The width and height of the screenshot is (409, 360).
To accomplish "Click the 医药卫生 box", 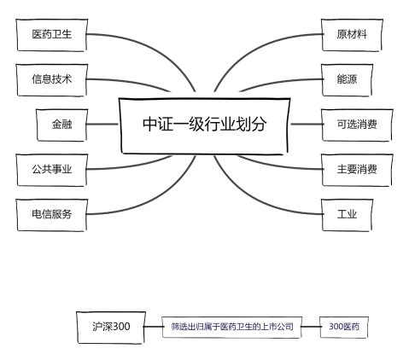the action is pos(51,35).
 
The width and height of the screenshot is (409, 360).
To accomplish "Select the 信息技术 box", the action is pos(51,80).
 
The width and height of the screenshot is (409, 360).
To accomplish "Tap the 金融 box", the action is pos(61,125).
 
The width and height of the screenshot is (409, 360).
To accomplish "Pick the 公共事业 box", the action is pos(51,170).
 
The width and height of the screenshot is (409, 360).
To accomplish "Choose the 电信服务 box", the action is pos(51,215).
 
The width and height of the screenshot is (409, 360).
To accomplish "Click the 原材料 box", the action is pos(352,35).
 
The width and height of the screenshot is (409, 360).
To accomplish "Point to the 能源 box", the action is pos(347,80).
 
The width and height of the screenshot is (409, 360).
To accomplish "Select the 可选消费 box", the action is pos(357,125).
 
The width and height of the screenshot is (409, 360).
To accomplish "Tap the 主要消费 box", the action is pos(357,170).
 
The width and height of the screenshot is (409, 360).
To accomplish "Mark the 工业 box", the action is pos(347,215).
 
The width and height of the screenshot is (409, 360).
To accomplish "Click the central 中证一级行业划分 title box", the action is pos(204,125).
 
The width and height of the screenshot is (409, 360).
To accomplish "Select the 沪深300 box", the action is pos(111,328).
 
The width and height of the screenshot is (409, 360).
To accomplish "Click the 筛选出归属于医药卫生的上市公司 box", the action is pos(232,327).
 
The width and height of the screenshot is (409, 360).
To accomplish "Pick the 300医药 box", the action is pos(344,327).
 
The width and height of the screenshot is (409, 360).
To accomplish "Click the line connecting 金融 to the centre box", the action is pos(102,125).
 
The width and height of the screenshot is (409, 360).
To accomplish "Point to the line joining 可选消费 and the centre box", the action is pos(307,125).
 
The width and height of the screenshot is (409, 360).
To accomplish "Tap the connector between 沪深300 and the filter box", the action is pos(153,327).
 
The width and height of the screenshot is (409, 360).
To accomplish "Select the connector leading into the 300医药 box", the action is pos(311,327).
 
